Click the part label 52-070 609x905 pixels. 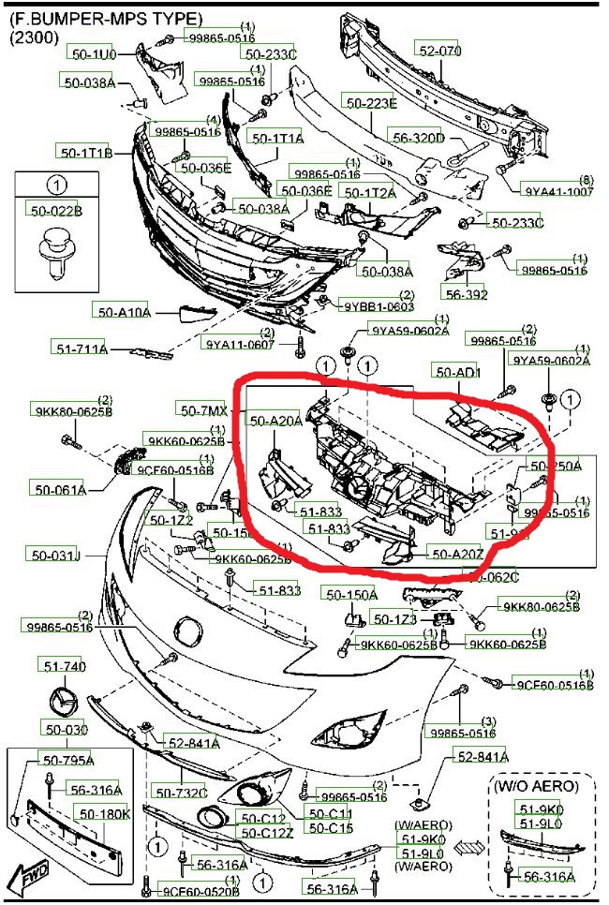[x=439, y=52]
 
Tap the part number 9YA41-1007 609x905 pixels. [x=559, y=191]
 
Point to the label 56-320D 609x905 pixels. [x=418, y=138]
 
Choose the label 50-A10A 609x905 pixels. [x=122, y=311]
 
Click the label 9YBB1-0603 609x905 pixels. [x=379, y=306]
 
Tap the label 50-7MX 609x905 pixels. [x=202, y=410]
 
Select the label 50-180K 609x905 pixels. [x=103, y=814]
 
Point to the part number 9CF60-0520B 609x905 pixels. [x=201, y=891]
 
